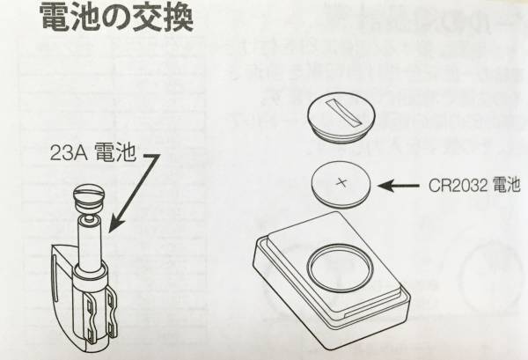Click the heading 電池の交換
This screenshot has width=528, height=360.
pyautogui.click(x=117, y=18)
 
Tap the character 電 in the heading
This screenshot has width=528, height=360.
pyautogui.click(x=55, y=18)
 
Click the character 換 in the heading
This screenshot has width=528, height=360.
pyautogui.click(x=180, y=18)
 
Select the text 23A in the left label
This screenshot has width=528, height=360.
pyautogui.click(x=69, y=152)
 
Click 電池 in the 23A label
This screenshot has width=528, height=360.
pyautogui.click(x=114, y=152)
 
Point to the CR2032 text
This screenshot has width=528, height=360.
pyautogui.click(x=458, y=185)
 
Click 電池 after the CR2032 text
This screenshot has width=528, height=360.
pyautogui.click(x=507, y=185)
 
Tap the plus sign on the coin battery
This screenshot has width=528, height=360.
pyautogui.click(x=341, y=183)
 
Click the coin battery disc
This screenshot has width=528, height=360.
pyautogui.click(x=341, y=185)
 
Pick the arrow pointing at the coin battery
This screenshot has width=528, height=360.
pyautogui.click(x=399, y=185)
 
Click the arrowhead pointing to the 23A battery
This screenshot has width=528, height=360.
pyautogui.click(x=115, y=224)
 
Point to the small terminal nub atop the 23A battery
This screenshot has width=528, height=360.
pyautogui.click(x=89, y=219)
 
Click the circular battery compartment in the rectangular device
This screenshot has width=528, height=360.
pyautogui.click(x=340, y=268)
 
